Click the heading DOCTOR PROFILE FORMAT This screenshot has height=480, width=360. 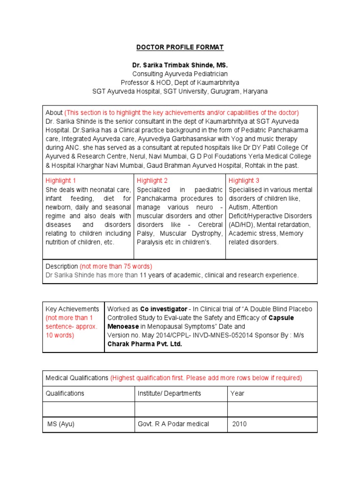[180, 47]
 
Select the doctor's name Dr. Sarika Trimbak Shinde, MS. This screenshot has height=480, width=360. [180, 65]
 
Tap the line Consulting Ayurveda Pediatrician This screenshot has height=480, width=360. [180, 74]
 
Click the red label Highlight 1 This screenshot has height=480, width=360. [61, 180]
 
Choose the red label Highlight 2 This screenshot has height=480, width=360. [152, 180]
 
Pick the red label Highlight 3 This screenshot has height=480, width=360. [244, 180]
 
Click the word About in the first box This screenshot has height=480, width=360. [54, 112]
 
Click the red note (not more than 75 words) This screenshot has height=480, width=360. [116, 266]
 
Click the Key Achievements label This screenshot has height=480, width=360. [72, 309]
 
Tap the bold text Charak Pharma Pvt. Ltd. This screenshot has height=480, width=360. [145, 344]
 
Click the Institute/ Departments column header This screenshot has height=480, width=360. [169, 393]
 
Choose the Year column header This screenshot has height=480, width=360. [237, 393]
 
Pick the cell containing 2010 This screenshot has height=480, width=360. [240, 424]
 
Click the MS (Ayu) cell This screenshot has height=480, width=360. [61, 424]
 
